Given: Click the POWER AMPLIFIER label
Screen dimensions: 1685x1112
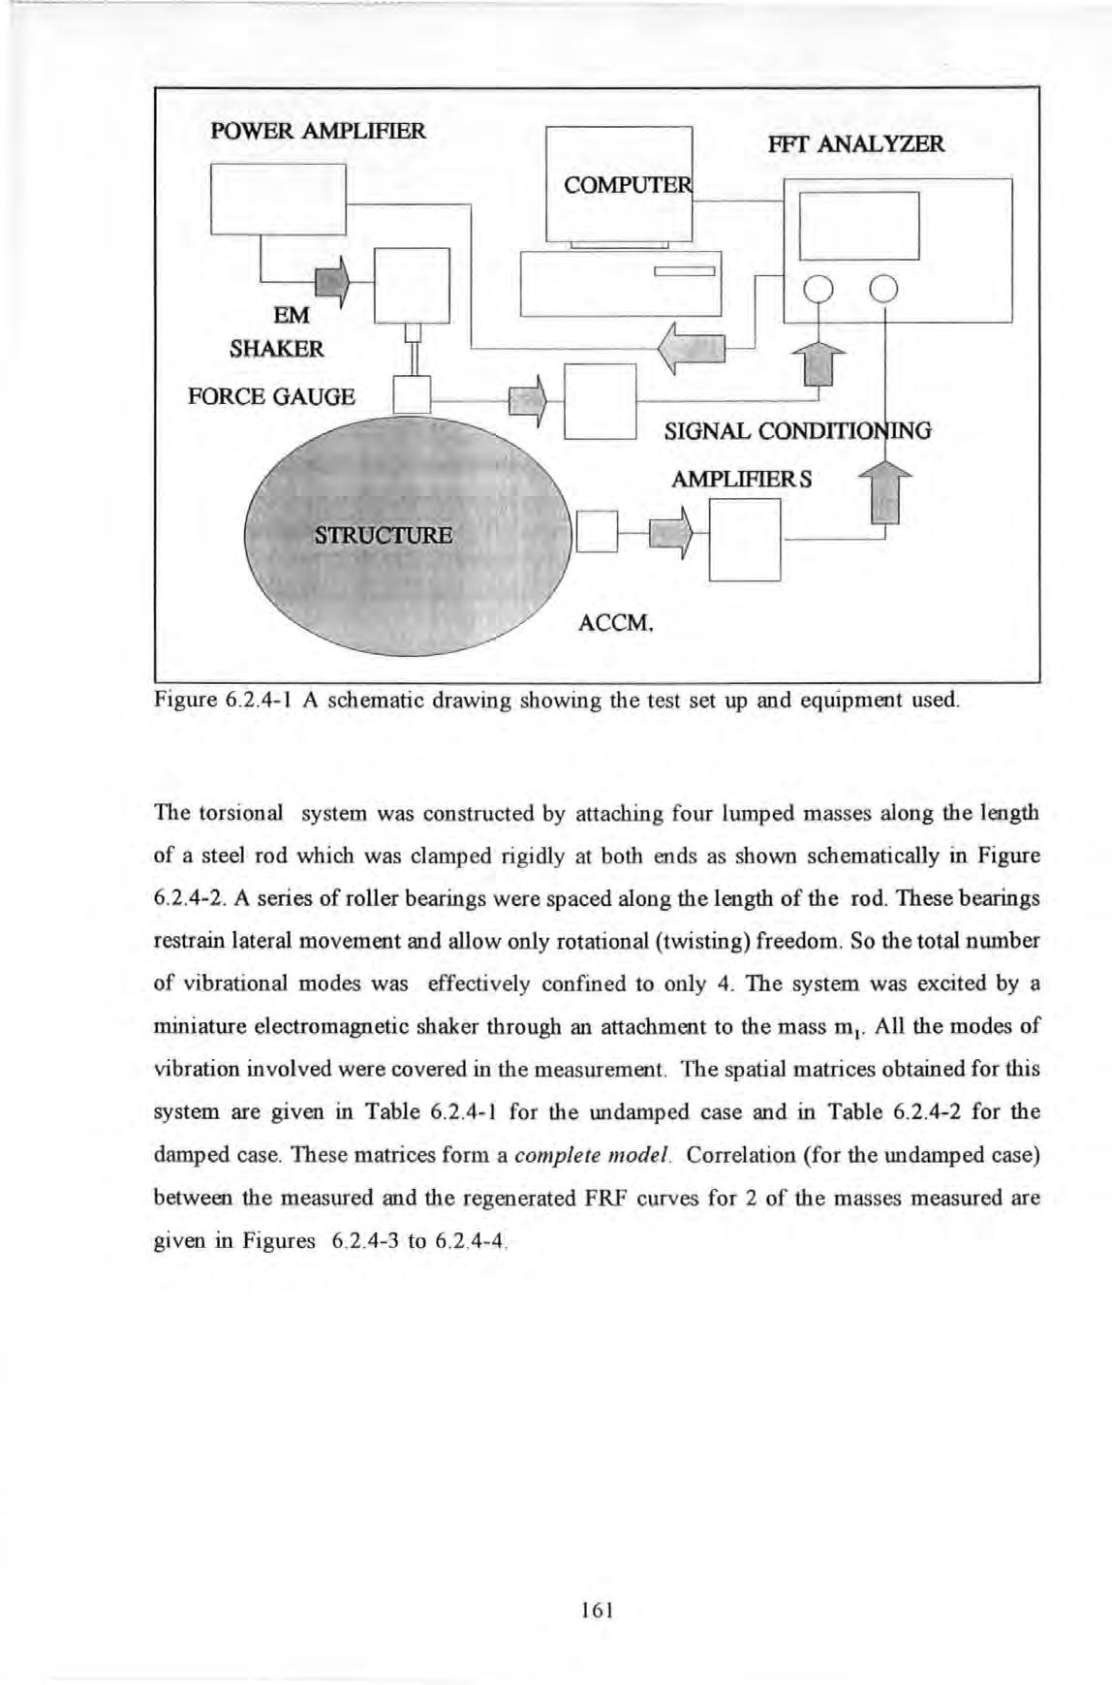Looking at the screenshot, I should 318,131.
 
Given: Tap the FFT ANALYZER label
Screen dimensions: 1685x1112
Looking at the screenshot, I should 854,145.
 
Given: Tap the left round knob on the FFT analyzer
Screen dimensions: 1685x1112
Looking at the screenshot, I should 819,289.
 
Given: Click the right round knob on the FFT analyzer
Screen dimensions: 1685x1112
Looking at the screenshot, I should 884,289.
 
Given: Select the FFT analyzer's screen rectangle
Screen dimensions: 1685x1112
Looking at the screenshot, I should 858,226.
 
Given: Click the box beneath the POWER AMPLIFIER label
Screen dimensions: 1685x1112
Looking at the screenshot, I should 278,200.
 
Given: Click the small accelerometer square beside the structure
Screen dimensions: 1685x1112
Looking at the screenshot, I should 597,531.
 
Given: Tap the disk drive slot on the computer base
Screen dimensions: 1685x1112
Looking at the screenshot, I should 684,270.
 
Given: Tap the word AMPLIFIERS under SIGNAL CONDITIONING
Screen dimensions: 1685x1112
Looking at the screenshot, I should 743,480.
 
